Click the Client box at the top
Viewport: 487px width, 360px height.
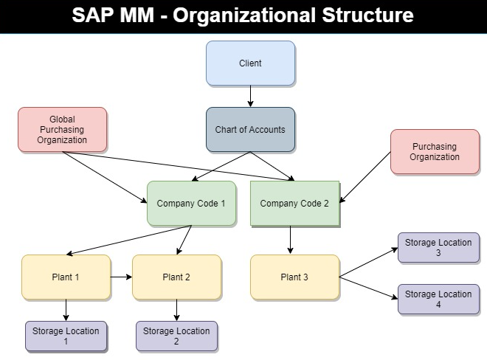pos(250,63)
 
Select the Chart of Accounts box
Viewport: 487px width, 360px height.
pos(250,130)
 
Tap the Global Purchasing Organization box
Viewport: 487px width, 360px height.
pos(63,130)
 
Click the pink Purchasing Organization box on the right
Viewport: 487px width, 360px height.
pos(435,152)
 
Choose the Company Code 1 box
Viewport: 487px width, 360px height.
pos(191,204)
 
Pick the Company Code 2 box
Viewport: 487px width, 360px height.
pos(294,204)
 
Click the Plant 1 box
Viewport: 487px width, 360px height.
pos(66,277)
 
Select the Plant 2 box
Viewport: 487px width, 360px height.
pos(176,277)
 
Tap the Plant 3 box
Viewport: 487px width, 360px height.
pos(294,277)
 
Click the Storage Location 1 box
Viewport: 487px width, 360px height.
pos(66,336)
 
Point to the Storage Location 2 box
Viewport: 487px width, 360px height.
pos(176,336)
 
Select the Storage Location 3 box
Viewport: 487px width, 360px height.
pos(438,248)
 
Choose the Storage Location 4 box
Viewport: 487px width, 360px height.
pos(438,299)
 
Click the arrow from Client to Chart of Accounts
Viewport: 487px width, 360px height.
pos(250,96)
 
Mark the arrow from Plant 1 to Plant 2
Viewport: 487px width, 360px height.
pos(121,277)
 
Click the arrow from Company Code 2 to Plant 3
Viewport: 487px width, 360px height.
pos(291,240)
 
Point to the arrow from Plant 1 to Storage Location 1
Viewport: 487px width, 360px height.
pos(66,310)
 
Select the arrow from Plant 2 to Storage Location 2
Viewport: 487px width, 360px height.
pos(176,310)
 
